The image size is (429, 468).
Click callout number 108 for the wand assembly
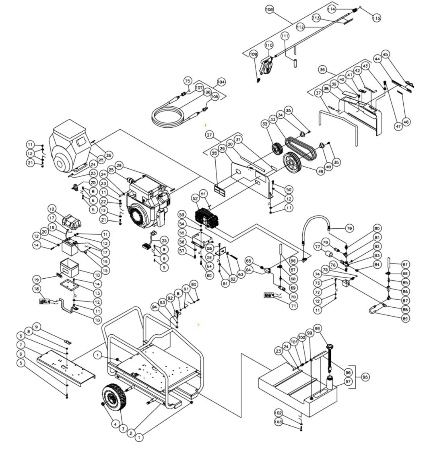(x=270, y=9)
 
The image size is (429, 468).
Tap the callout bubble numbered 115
(x=376, y=18)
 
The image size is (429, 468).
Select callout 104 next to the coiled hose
(x=221, y=82)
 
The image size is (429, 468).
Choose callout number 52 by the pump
(x=196, y=199)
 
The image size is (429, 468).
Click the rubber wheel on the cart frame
(x=115, y=397)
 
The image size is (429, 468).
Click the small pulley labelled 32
(x=277, y=148)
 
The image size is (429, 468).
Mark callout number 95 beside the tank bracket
(x=365, y=377)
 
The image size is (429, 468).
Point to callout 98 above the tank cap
(x=318, y=329)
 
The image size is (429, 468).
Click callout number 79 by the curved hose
(x=349, y=228)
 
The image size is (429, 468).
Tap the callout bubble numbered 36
(x=322, y=70)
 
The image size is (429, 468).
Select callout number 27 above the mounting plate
(x=209, y=135)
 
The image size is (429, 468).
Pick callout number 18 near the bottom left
(x=37, y=289)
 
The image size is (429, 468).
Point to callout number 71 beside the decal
(x=294, y=306)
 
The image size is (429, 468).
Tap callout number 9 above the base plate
(x=37, y=327)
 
